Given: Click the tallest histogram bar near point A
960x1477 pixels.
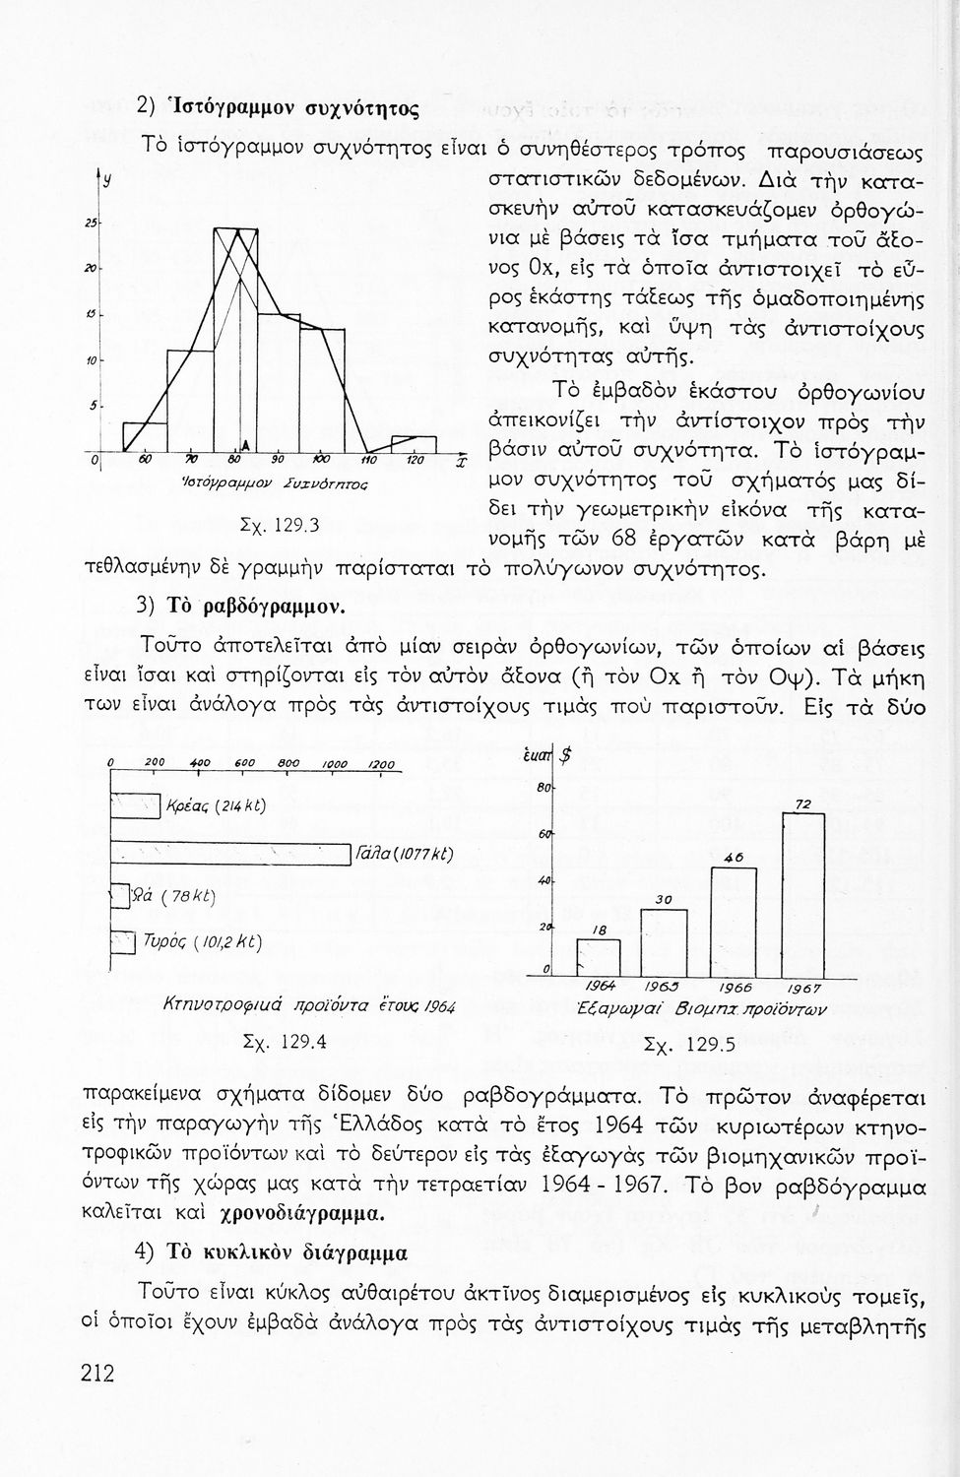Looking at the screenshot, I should click(x=235, y=340).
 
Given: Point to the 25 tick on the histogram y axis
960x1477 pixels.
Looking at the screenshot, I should click(x=90, y=224).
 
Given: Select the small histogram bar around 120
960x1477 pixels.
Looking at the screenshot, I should click(x=413, y=443).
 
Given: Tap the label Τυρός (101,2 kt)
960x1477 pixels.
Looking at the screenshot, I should click(x=202, y=942).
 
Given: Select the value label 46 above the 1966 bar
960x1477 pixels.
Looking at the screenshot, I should click(x=733, y=858).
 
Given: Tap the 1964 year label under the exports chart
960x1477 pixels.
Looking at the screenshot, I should click(x=602, y=986).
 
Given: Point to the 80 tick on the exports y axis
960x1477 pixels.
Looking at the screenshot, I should click(x=542, y=788).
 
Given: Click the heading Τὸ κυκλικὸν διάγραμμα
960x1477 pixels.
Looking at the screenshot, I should click(x=286, y=1252).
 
